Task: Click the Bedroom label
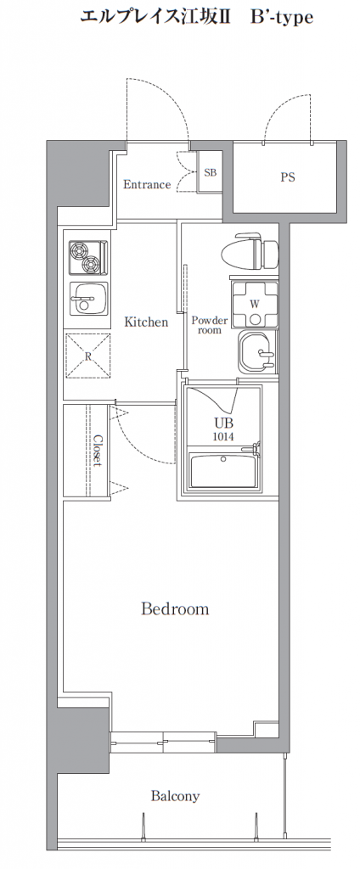pos(175,609)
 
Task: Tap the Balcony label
pos(175,796)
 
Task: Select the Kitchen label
pos(146,322)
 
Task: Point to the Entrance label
pos(146,184)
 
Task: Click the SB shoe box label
pos(211,172)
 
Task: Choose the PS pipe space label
pos(287,177)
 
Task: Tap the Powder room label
pos(210,325)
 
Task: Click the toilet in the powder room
pos(250,251)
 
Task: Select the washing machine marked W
pos(255,305)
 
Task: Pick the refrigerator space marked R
pos(87,356)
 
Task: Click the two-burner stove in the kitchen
pos(87,258)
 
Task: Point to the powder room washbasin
pos(257,352)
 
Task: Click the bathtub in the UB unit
pos(223,470)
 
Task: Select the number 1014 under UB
pos(223,437)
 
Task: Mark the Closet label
pos(98,451)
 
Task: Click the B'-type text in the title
pos(282,18)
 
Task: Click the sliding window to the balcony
pos(162,742)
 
